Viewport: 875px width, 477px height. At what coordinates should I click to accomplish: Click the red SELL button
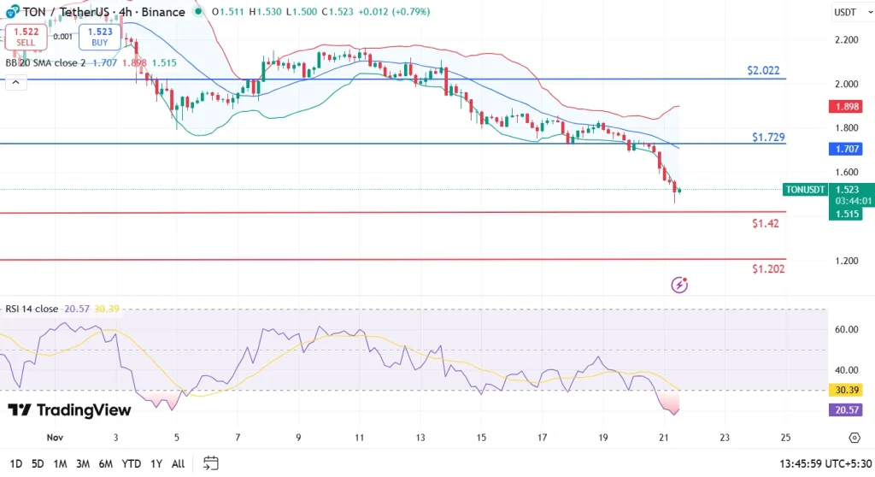coord(25,37)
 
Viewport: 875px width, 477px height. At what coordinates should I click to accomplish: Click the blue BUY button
coord(99,37)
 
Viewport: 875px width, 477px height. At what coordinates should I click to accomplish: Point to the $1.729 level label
coord(769,137)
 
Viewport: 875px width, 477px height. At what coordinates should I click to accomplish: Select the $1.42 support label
coord(765,223)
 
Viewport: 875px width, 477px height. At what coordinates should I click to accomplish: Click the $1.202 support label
coord(768,268)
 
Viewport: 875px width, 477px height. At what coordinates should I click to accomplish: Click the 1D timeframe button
coord(15,463)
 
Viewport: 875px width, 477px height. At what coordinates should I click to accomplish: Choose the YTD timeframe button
coord(132,463)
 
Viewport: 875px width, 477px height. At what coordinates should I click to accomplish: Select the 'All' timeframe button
coord(178,463)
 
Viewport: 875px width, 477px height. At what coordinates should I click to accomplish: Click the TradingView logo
coord(70,410)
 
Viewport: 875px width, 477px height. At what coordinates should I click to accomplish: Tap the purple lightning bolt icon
coord(680,285)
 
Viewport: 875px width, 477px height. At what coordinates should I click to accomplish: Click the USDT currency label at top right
coord(845,12)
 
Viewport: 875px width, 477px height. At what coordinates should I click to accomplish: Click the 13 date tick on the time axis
coord(420,438)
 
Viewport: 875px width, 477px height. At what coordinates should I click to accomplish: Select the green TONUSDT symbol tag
coord(804,190)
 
